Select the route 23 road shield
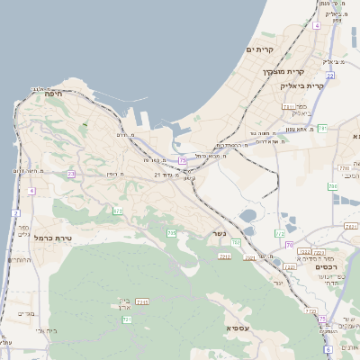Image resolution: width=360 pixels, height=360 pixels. tap(71, 174)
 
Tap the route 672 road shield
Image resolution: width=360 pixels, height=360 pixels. tap(118, 211)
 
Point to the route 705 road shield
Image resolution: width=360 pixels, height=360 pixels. tap(171, 234)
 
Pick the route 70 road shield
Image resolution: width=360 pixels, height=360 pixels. tap(289, 244)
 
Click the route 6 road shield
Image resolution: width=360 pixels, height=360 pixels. tap(328, 348)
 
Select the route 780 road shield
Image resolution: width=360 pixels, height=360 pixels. tap(236, 242)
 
